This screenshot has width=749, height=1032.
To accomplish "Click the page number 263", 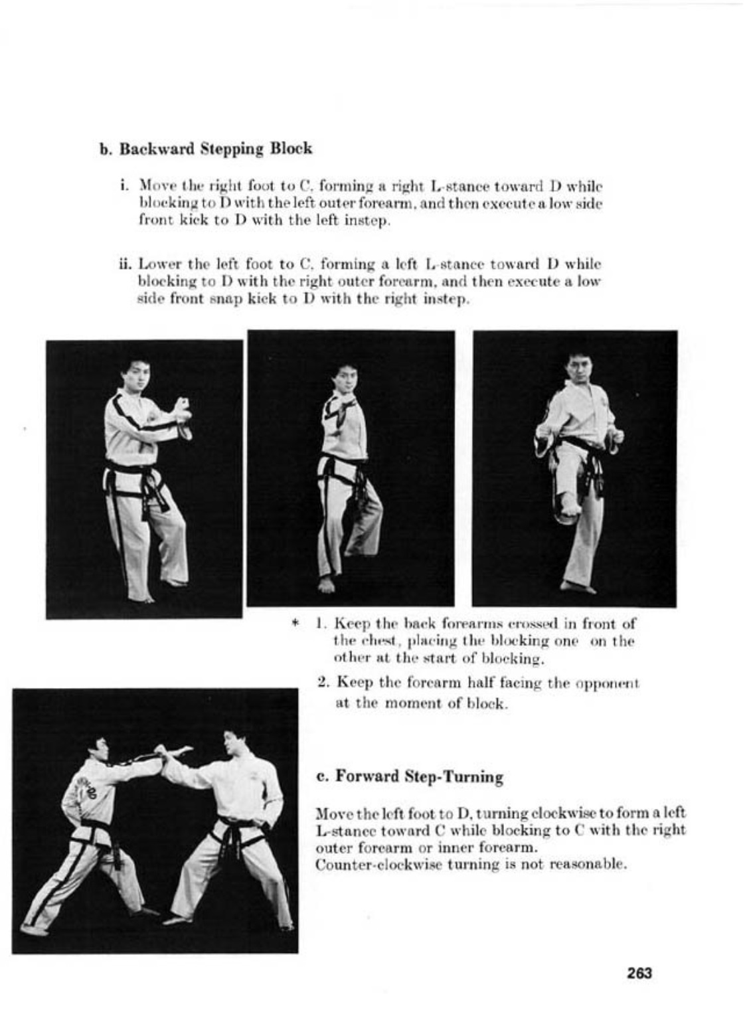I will point(639,973).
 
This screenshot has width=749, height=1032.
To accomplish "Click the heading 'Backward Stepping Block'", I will point(215,148).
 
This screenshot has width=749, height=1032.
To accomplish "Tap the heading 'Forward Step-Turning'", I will point(418,776).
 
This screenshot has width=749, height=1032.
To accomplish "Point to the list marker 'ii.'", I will point(124,264).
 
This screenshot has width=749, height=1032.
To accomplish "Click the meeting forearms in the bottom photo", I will point(171,754).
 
